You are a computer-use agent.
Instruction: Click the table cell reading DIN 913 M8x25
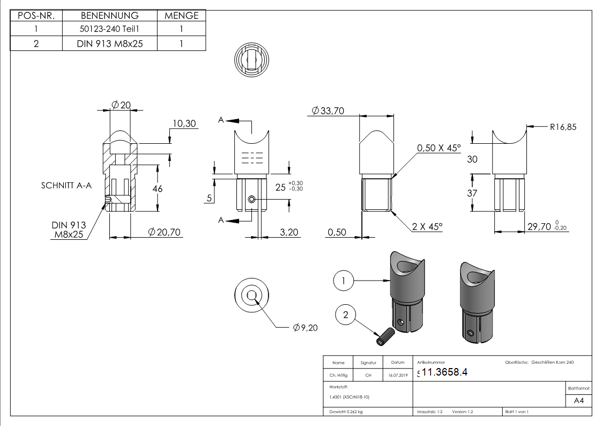[x=110, y=43]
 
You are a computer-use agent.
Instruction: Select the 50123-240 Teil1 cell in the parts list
[x=110, y=30]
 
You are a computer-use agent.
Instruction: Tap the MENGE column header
[x=181, y=16]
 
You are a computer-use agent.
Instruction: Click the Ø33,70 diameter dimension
[x=328, y=111]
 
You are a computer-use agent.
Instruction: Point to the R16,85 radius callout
[x=563, y=127]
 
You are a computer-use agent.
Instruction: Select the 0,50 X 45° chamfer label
[x=439, y=148]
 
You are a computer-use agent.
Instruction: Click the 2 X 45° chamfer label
[x=427, y=227]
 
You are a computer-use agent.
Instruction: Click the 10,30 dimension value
[x=184, y=124]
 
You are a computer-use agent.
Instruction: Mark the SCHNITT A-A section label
[x=66, y=186]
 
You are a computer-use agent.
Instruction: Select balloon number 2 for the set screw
[x=345, y=315]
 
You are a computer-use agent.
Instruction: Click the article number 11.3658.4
[x=444, y=372]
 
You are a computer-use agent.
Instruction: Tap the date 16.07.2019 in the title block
[x=397, y=376]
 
